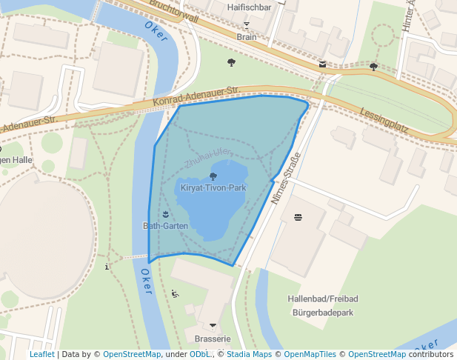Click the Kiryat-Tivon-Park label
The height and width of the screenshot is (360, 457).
(x=213, y=188)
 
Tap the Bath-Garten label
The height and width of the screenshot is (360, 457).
(x=165, y=225)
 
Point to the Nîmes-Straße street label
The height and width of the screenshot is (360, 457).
(x=286, y=179)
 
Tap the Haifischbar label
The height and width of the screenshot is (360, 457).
(x=247, y=7)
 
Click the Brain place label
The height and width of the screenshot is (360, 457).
(x=247, y=36)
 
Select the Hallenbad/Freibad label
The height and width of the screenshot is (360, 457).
(x=323, y=299)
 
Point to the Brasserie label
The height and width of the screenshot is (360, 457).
(x=213, y=339)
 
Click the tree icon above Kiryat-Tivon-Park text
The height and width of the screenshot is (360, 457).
(x=213, y=176)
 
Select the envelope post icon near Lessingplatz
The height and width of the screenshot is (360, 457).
(x=322, y=64)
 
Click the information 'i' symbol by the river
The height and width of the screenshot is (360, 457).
(x=108, y=266)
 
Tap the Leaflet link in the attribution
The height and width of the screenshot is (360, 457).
(x=41, y=354)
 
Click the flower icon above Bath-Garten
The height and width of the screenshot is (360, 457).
(x=165, y=214)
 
